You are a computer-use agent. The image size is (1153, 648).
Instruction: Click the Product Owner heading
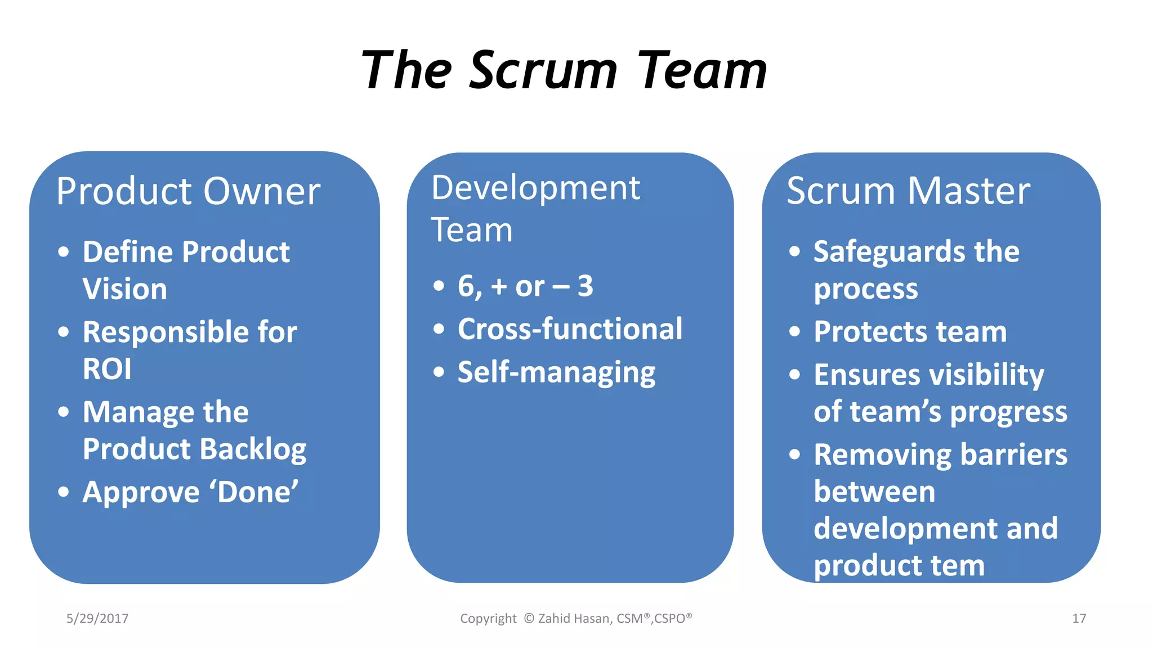coord(188,191)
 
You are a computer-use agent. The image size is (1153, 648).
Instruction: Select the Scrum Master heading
coord(908,191)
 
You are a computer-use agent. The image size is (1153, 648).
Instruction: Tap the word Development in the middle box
coord(535,188)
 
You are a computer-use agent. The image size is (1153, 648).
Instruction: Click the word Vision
coord(125,289)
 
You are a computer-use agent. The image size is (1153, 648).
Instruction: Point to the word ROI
coord(107,370)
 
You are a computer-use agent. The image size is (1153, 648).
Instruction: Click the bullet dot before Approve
coord(64,492)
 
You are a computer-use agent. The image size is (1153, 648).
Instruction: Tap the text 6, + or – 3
coord(525,286)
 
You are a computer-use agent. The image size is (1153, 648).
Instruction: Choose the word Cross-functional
coord(570,329)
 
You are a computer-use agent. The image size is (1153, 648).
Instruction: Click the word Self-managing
coord(556,372)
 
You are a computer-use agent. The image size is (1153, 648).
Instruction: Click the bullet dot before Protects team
coord(794,331)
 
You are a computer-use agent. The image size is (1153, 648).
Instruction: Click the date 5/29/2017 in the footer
coord(97,619)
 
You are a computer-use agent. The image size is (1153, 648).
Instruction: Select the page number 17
coord(1079,619)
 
